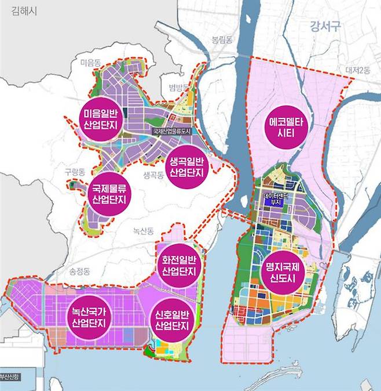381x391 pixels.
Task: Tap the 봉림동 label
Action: click(222, 40)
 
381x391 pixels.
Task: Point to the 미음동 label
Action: click(91, 62)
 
